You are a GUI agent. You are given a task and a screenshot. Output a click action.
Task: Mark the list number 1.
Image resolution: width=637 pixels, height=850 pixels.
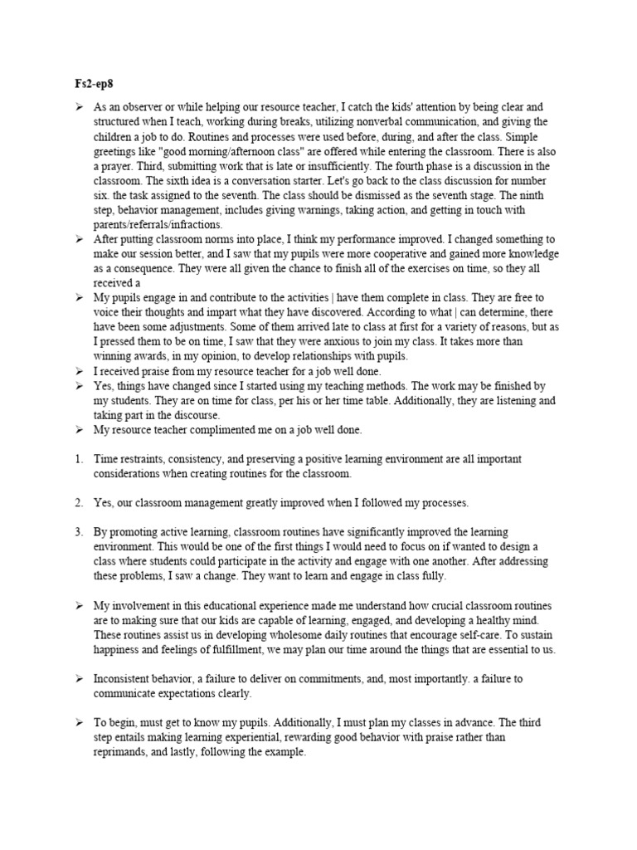click(77, 459)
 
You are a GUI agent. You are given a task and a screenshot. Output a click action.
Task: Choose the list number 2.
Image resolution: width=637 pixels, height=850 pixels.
click(77, 502)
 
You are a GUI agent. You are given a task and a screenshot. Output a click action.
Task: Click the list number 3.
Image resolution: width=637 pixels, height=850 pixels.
click(77, 531)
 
